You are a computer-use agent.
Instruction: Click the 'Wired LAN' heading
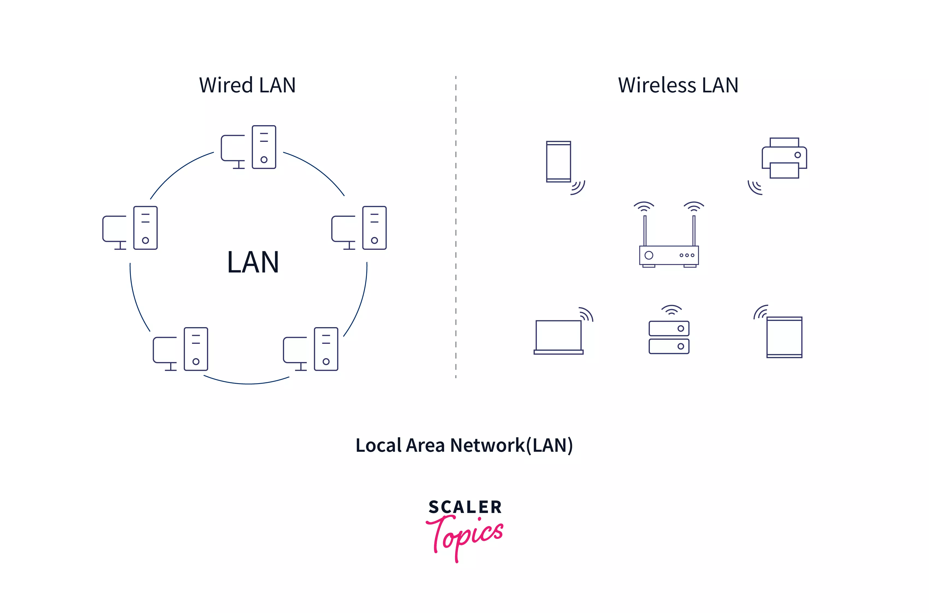[x=247, y=85]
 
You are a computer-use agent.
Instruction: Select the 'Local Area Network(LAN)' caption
[x=464, y=445]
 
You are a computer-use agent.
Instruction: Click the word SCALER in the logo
[x=465, y=507]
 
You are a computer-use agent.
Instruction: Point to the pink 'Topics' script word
[x=465, y=536]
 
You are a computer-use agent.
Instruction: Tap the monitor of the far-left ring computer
[x=115, y=229]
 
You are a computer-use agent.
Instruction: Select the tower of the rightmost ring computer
[x=374, y=228]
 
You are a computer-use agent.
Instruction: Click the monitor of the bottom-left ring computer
[x=165, y=350]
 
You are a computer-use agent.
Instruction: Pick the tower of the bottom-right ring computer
[x=326, y=349]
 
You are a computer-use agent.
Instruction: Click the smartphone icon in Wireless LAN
[x=558, y=162]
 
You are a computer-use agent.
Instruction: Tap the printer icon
[x=784, y=158]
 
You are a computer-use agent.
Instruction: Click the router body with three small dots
[x=668, y=255]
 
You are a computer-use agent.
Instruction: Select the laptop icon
[x=558, y=336]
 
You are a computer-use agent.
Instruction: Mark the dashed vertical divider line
[x=456, y=227]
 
